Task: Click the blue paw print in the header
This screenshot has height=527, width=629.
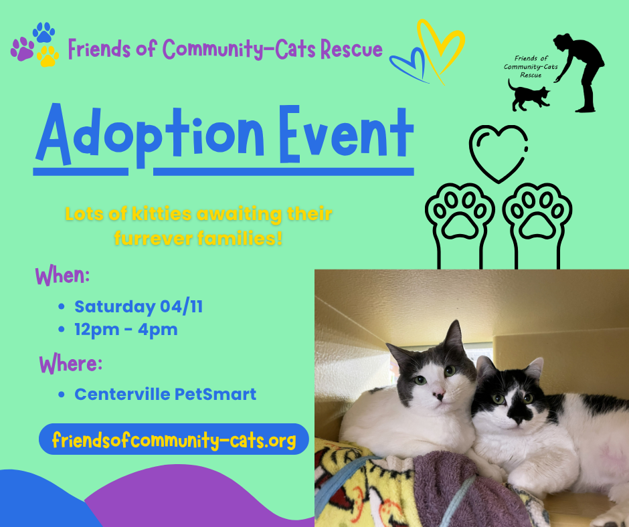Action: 44,33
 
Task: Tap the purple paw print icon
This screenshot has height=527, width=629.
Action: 22,49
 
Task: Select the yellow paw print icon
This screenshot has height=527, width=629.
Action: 48,56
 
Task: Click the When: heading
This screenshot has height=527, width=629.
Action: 62,276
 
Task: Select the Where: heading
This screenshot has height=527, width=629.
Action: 70,365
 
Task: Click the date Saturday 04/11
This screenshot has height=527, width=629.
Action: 139,307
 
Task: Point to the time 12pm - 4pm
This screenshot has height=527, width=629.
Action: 126,330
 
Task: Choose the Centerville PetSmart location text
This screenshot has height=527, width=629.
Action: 165,394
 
